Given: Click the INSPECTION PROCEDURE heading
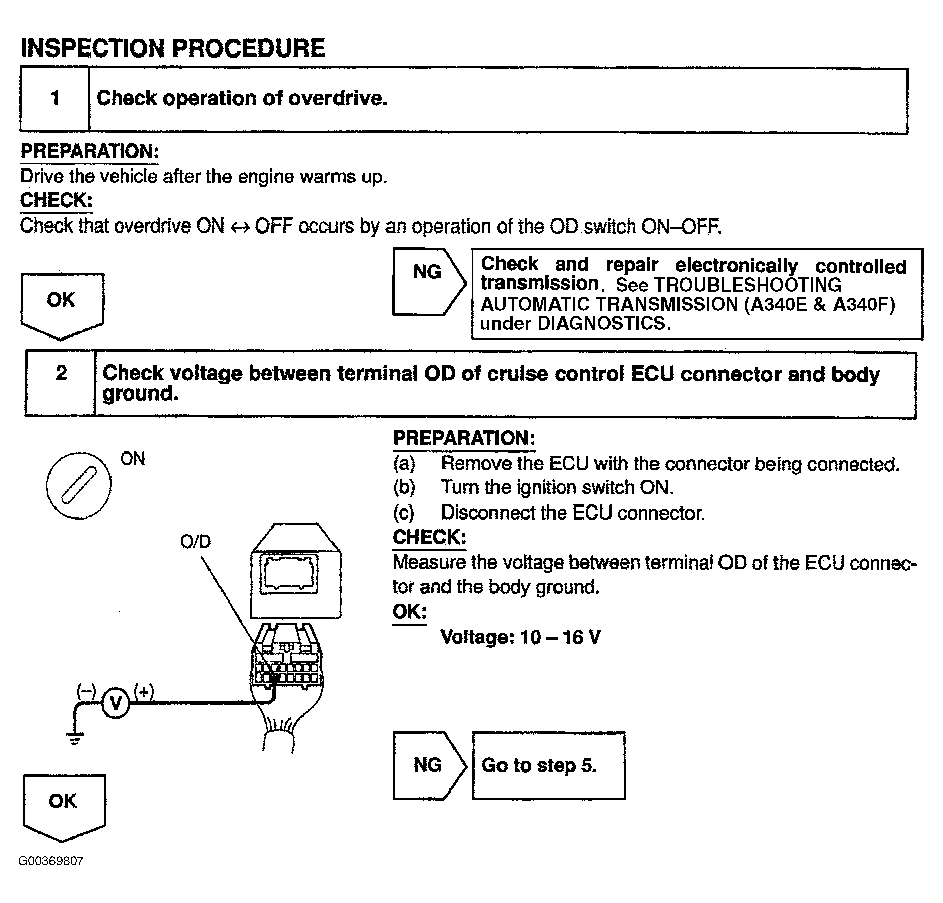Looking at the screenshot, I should tap(173, 48).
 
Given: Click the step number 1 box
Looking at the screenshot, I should tap(55, 99).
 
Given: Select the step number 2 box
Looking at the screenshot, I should tap(61, 383).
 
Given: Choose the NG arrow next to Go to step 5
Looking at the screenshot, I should tap(428, 765).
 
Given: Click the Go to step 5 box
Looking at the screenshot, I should tap(548, 765).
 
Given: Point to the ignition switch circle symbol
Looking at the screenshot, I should tap(79, 484).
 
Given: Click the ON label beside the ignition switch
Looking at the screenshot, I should tap(133, 459).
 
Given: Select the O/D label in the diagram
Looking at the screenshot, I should tap(195, 542).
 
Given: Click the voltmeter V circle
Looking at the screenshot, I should tap(116, 703).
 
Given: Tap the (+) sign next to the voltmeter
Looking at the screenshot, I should tap(144, 691).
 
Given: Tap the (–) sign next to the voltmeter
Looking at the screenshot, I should tap(86, 690).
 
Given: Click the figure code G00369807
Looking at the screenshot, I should tap(51, 861).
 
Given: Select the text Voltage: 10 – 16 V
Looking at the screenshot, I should tap(521, 637).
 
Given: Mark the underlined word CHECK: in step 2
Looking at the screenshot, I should tap(429, 537).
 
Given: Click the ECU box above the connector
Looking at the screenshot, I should tap(296, 575).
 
